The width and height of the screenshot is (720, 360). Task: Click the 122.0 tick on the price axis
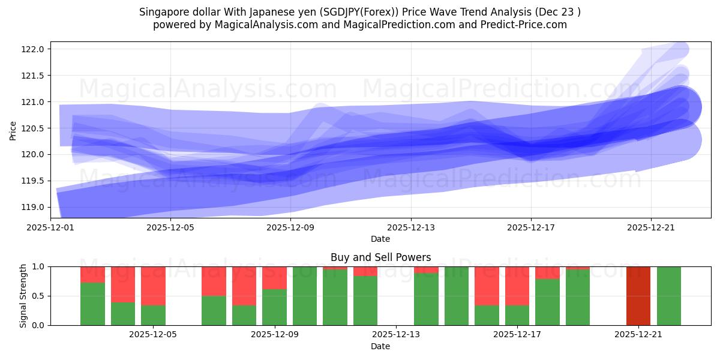tap(34, 49)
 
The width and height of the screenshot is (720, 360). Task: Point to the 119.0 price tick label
tap(34, 207)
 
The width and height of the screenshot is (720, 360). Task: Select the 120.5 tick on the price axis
tap(34, 128)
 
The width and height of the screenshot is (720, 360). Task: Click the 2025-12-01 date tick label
tap(50, 227)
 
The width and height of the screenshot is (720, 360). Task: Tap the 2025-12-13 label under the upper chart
tap(410, 227)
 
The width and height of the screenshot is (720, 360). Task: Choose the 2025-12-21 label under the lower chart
tap(638, 335)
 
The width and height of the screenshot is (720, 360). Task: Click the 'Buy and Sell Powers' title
tap(380, 257)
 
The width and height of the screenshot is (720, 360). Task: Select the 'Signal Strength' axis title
tap(23, 296)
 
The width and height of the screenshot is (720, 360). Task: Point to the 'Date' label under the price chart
tap(380, 239)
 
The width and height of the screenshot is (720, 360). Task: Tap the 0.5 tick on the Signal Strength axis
tap(39, 296)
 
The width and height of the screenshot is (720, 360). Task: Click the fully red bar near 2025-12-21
tap(638, 296)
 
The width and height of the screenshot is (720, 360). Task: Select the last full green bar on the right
tap(668, 296)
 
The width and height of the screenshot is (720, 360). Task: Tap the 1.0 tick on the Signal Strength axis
tap(39, 266)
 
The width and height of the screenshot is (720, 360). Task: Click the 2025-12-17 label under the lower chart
tap(517, 335)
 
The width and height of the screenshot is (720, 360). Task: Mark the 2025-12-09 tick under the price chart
tap(290, 227)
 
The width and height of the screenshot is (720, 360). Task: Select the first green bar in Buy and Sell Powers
tap(92, 304)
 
